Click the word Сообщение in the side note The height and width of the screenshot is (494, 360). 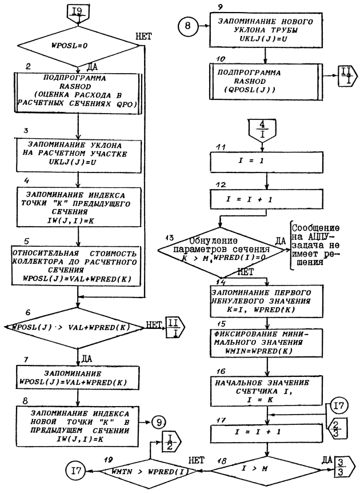pos(324,227)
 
